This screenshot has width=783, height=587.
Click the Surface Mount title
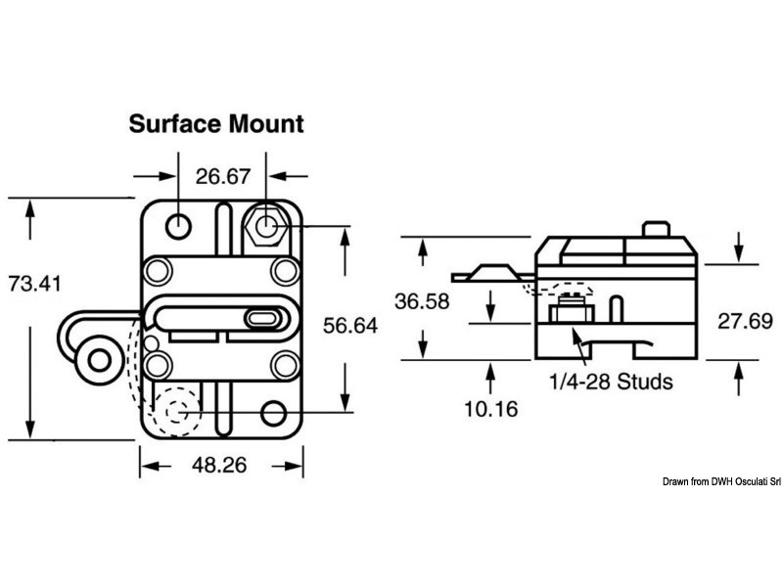[x=216, y=124]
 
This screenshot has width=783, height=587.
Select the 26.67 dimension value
[x=223, y=177]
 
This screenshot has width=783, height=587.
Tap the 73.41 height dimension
[x=34, y=284]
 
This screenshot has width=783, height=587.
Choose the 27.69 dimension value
[x=745, y=321]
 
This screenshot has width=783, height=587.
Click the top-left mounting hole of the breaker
[x=178, y=226]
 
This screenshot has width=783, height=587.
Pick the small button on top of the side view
[x=655, y=229]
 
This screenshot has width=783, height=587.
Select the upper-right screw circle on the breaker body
[x=285, y=269]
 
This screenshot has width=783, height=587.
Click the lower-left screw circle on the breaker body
[x=158, y=365]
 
